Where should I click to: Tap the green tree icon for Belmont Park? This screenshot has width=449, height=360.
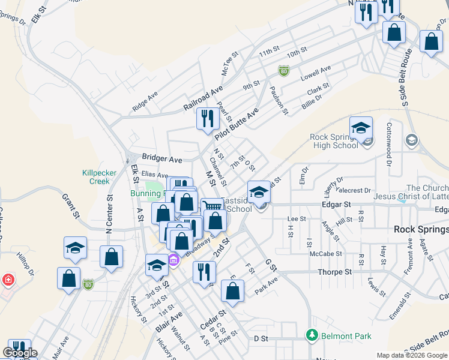[312, 334]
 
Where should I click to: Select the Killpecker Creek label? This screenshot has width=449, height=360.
[96, 176]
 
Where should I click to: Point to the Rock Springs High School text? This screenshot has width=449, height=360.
[334, 141]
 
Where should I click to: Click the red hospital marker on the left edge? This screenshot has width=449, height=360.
[7, 280]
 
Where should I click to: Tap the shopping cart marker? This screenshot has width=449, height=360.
[211, 207]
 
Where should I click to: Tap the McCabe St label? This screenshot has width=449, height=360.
[326, 254]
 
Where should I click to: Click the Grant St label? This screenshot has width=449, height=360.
[71, 204]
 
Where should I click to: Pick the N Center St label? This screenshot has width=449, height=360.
[109, 214]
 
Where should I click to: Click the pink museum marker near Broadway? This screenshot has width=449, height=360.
[174, 260]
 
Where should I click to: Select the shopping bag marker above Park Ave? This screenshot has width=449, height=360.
[232, 290]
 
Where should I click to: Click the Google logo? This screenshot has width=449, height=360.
[19, 353]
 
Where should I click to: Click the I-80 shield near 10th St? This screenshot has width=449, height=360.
[283, 71]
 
